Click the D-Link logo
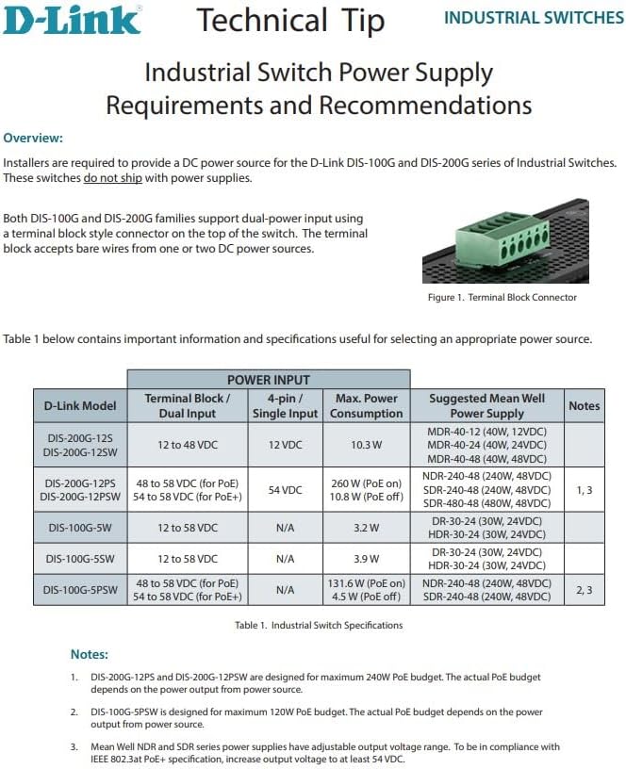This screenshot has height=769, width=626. (x=72, y=19)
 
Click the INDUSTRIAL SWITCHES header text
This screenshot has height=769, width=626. (x=533, y=18)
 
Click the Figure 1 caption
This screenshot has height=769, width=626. (x=502, y=298)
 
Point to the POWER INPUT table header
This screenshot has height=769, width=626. (x=269, y=380)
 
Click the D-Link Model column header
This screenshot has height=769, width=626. (x=80, y=406)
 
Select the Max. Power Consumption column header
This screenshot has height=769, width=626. (x=367, y=406)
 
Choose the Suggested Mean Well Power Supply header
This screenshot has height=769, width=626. (x=486, y=406)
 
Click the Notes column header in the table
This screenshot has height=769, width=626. (x=584, y=406)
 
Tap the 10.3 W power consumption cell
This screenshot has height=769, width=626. (x=367, y=445)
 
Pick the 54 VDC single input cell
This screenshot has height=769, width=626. (x=285, y=490)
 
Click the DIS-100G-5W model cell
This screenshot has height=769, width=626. (x=80, y=527)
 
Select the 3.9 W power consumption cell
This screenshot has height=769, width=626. (x=367, y=559)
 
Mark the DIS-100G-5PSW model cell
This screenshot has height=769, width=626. (x=80, y=590)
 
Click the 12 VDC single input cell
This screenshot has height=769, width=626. (x=285, y=445)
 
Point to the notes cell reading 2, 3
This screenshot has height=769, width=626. (x=584, y=590)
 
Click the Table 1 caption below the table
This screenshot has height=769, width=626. (x=319, y=625)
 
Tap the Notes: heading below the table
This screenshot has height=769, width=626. (x=90, y=654)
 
